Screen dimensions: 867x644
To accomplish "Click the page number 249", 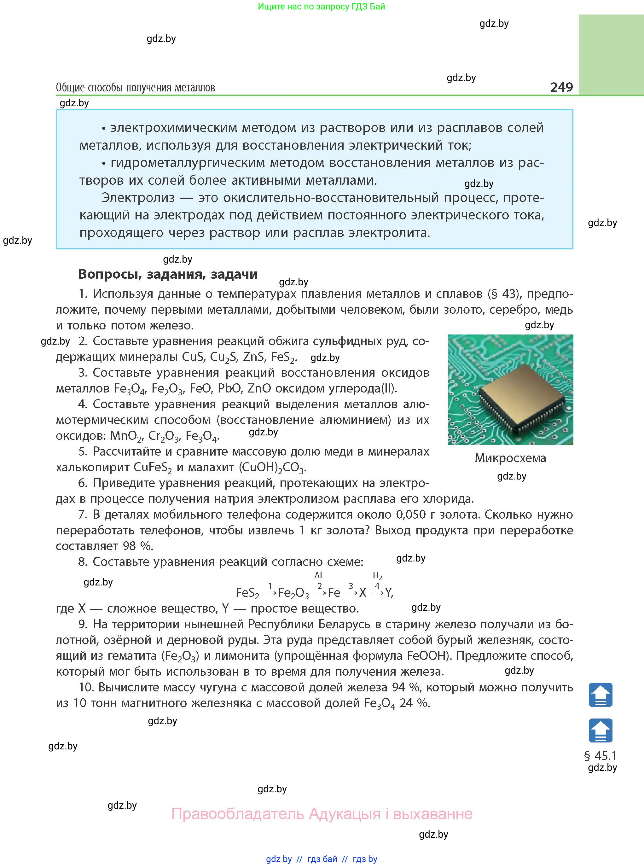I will point(561,87).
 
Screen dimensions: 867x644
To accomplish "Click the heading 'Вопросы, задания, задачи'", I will point(168,274).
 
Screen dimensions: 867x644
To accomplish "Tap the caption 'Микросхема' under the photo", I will point(510,458).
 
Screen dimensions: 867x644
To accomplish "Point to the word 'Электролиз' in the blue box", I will point(138,198).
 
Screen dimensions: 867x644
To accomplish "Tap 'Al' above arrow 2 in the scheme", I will point(318,575).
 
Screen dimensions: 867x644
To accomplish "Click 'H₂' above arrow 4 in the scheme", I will point(377,576).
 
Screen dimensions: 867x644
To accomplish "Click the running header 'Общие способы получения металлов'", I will point(135,87).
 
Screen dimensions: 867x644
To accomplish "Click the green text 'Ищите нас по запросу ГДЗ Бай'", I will point(321,7).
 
